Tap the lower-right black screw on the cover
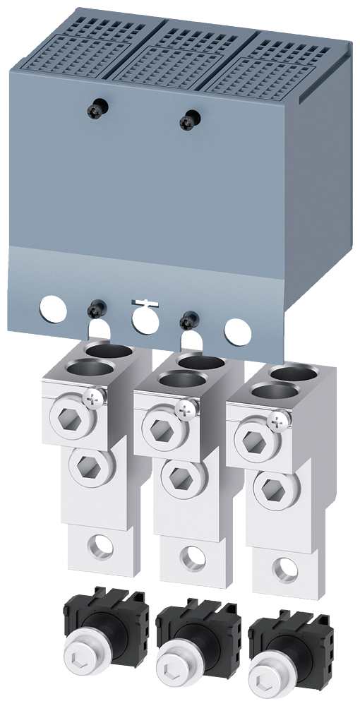click(187, 319)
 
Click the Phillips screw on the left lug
click(91, 399)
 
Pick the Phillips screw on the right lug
click(278, 421)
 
